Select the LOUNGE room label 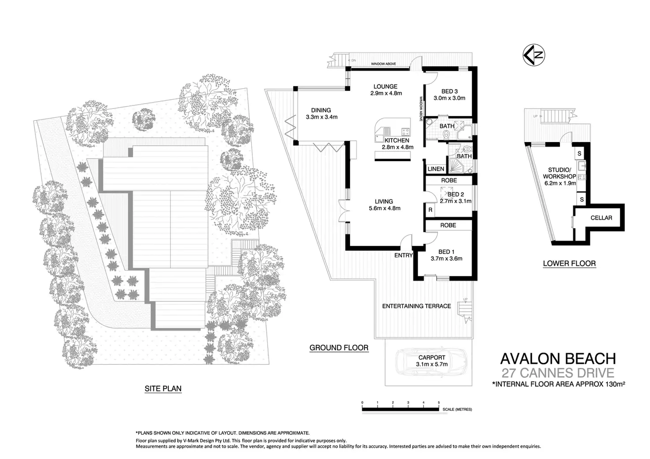(x=385, y=87)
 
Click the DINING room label (x=321, y=110)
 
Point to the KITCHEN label (x=397, y=140)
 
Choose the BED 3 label (x=449, y=91)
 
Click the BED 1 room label (x=446, y=252)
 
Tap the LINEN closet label (x=436, y=169)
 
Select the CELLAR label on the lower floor (x=601, y=218)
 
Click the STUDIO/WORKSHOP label (x=559, y=173)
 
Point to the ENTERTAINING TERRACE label (x=416, y=306)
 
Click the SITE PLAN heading (x=163, y=389)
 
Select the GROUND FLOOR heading (x=339, y=348)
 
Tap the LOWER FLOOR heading (x=569, y=263)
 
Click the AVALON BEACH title (x=558, y=358)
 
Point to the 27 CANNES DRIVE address (x=558, y=372)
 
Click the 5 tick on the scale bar (x=438, y=403)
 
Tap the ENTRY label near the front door (x=404, y=255)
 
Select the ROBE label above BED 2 (x=449, y=180)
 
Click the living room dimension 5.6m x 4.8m (x=385, y=208)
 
